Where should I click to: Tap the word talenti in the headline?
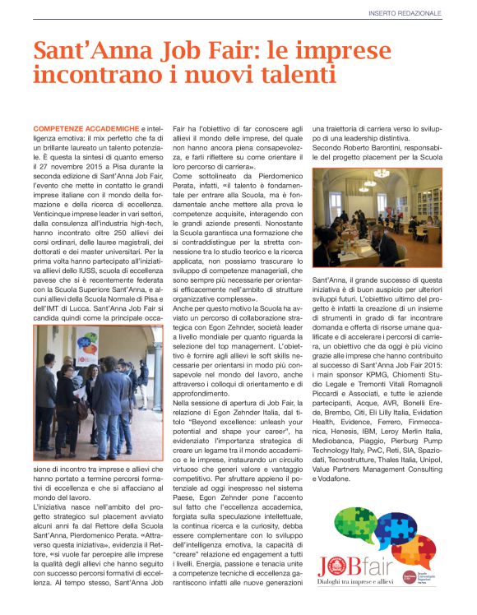pos(284,75)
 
